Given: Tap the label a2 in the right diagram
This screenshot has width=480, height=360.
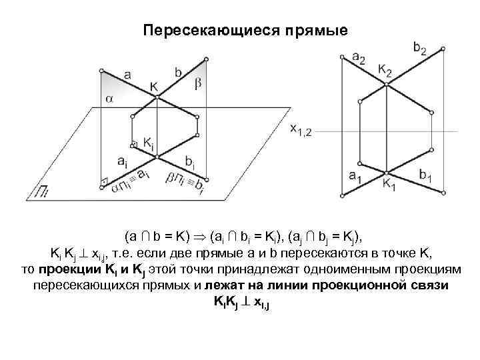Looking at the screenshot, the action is [358, 59].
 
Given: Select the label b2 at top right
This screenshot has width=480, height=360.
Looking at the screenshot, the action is [420, 47].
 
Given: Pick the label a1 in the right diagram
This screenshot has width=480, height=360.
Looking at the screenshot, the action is [356, 176].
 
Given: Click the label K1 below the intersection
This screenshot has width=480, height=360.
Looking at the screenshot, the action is [389, 186].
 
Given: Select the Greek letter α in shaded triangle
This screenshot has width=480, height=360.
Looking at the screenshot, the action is [109, 99].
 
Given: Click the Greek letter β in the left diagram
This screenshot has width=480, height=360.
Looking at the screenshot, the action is [197, 83].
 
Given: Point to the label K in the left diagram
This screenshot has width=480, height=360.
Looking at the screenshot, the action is [154, 85].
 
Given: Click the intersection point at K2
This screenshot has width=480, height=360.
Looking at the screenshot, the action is [386, 81].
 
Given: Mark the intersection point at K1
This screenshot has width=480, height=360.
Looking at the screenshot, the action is [386, 171].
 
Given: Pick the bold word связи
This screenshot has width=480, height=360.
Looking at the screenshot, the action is [431, 285].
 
